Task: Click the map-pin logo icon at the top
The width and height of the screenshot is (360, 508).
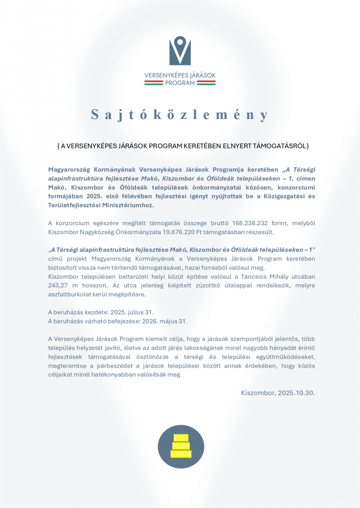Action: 180,51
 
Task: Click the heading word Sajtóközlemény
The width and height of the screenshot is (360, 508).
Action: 180,115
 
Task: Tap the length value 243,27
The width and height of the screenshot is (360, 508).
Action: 60,285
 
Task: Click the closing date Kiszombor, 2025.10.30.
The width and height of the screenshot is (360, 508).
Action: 278,392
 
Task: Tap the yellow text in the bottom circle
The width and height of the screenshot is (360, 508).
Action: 180,446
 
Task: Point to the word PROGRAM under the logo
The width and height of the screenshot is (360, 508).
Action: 180,83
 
